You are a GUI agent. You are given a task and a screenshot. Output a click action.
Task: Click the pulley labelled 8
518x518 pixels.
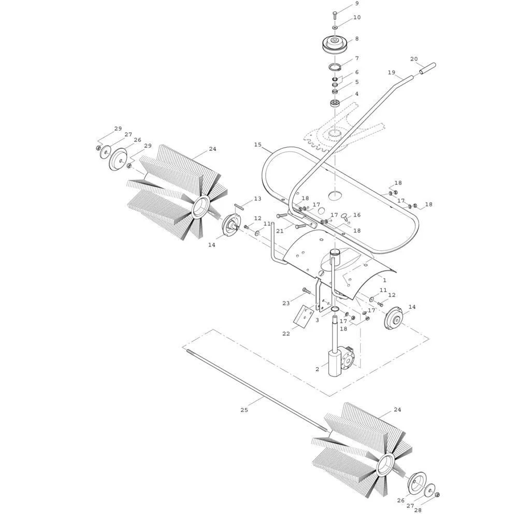coord(335,44)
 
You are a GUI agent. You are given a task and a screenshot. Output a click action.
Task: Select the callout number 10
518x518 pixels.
coord(357,17)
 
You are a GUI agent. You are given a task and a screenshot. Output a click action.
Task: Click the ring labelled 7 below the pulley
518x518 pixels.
coord(335,67)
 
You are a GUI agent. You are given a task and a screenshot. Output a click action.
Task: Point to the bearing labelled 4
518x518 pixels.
coord(335,103)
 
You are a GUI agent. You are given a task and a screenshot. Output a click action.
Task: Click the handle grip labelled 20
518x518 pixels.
coord(427,68)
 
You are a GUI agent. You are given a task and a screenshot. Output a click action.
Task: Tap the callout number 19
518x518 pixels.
coord(392,73)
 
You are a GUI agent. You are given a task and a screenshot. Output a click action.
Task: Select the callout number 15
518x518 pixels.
coord(257,145)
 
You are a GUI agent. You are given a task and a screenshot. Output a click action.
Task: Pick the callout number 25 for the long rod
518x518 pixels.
coord(244,410)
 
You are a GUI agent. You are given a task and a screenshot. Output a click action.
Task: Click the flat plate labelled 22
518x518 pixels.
coord(304,316)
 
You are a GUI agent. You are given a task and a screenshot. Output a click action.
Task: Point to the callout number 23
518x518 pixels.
coord(286,303)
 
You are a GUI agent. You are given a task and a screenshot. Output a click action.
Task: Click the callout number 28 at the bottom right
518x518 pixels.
coord(418,510)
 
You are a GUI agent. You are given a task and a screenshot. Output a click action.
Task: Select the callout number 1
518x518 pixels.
coord(384,280)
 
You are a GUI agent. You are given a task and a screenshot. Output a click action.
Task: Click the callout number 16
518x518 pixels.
coord(357,215)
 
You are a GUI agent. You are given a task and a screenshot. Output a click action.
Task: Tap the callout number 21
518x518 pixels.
coord(280,231)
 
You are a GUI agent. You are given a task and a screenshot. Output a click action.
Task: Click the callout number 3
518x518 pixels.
coord(317,320)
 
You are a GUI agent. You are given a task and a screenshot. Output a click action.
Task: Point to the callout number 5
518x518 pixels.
coord(357,82)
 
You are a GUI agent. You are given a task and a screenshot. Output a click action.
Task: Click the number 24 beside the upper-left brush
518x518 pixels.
coord(212,149)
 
